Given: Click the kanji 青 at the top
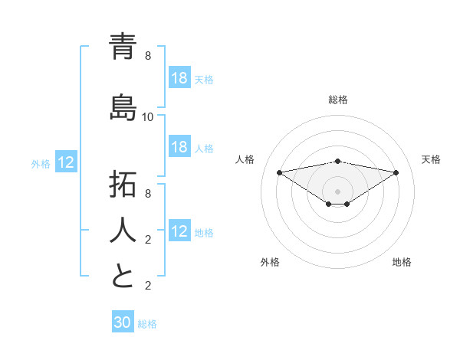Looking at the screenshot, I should pos(123,47).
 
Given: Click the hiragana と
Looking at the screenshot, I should pos(123,277).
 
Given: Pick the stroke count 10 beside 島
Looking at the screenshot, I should pos(148,117).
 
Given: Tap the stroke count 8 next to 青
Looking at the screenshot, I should pos(148,56).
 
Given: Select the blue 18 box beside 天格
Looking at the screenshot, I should pos(179,78).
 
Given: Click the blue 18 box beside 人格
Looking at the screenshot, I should pos(179,148).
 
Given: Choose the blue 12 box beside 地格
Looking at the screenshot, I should pos(179,232).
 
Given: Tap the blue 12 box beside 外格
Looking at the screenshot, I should pos(66,162).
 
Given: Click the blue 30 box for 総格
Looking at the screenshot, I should pos(123,322).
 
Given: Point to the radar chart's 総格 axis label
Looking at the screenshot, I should pos(338,100).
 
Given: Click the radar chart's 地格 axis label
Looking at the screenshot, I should pos(402,262).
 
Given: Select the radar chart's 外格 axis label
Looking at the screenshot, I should pos(270,262).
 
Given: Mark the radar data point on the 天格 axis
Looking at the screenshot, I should pos(396,172).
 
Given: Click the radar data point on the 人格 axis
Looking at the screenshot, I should pos(280,172).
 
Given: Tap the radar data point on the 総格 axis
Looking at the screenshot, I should pos(338,161).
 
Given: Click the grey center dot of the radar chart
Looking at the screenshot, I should pos(338,191).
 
